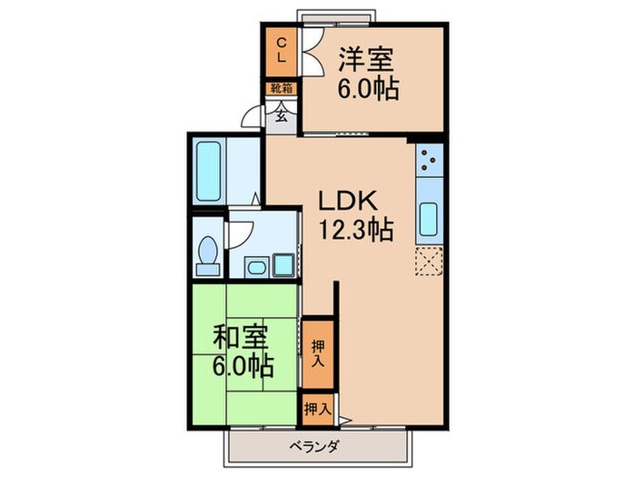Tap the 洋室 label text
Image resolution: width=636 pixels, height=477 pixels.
366,59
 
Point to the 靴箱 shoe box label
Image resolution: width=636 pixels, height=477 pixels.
282,89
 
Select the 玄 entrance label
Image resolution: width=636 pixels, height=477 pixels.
282,114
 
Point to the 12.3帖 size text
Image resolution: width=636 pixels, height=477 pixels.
354,231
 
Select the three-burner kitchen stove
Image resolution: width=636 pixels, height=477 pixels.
428,162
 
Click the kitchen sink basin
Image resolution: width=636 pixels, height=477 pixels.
428,218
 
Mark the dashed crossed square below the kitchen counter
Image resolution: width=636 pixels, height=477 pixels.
428,260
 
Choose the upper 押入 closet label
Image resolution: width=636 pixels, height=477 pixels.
317,353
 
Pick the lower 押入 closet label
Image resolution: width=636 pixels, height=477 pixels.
317,409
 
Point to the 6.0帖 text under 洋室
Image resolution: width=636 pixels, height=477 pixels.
369,90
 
